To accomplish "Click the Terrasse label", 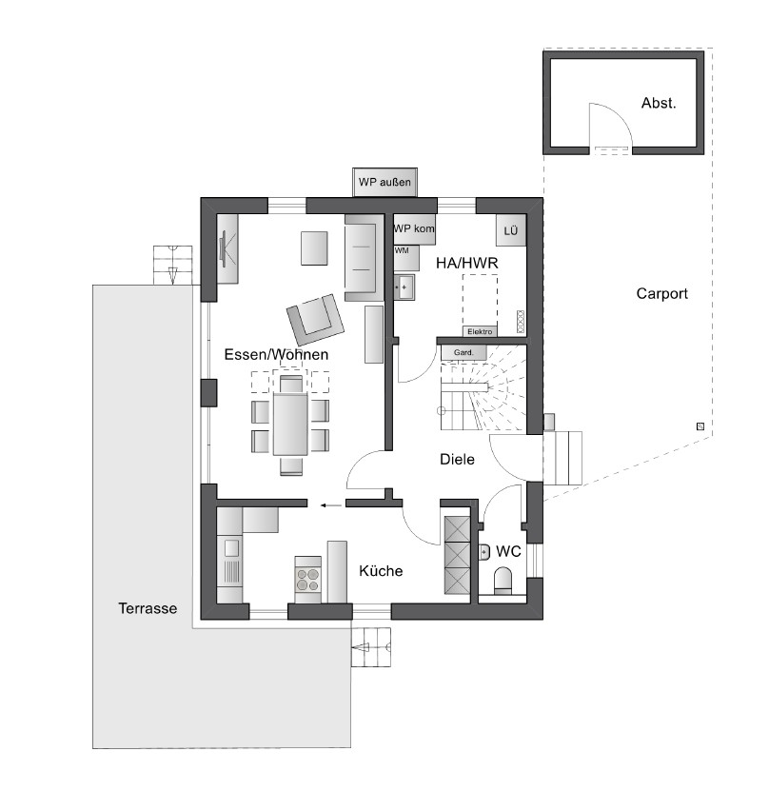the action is tap(148, 608).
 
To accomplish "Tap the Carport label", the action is tap(661, 293).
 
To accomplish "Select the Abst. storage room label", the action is tap(659, 103).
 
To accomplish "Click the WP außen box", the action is tap(384, 182).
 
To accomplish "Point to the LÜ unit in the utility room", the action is tap(511, 230).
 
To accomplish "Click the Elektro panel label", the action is tap(480, 331).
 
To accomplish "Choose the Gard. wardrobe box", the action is tap(463, 352).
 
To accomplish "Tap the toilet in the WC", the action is tap(503, 580).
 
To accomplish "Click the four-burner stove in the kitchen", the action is tap(307, 580).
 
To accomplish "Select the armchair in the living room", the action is tap(316, 319).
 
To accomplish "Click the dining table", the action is tap(290, 424).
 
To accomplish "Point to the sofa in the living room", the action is tap(361, 257).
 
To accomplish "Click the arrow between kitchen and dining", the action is tap(331, 504).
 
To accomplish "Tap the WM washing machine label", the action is tap(402, 250).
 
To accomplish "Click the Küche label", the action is tap(381, 571).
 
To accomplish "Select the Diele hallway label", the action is tap(457, 459).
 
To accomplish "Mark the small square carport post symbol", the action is tap(700, 426).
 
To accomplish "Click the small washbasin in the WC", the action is tap(484, 552).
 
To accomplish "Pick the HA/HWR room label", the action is tap(467, 263).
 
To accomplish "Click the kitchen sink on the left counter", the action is tap(232, 547).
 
